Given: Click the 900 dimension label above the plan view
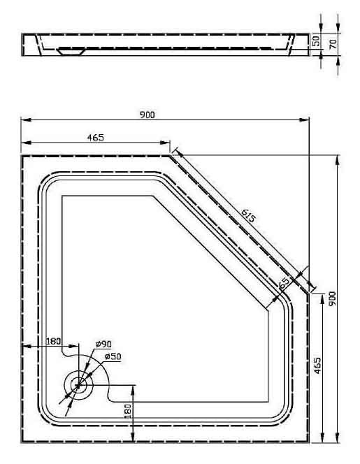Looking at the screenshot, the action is click(x=147, y=115).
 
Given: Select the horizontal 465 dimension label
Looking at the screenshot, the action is click(x=96, y=137).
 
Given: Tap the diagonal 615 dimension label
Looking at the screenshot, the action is click(x=247, y=215).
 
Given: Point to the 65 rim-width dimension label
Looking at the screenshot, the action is click(x=285, y=283).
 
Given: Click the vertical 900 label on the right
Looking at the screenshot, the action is click(x=333, y=298).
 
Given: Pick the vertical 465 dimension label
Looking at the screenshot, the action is click(x=317, y=365).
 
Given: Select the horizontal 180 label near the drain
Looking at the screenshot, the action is click(x=53, y=341).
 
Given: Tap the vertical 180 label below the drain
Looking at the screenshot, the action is click(x=128, y=411).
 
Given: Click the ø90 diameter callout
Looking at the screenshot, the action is click(x=103, y=344).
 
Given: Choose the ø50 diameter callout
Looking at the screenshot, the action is click(x=113, y=356).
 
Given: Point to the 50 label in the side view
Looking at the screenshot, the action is click(x=316, y=41).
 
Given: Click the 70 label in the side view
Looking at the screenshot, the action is click(x=333, y=44).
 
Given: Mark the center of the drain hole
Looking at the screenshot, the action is click(x=78, y=385).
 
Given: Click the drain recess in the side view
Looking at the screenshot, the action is click(x=71, y=52).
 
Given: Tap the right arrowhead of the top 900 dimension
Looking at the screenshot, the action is click(x=304, y=120).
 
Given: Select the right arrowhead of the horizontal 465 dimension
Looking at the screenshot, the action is click(x=165, y=143).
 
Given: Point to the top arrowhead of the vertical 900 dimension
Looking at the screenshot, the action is click(x=337, y=161).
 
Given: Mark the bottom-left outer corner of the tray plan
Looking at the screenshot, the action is click(x=22, y=442).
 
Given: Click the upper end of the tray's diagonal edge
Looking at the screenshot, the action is click(x=170, y=156).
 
